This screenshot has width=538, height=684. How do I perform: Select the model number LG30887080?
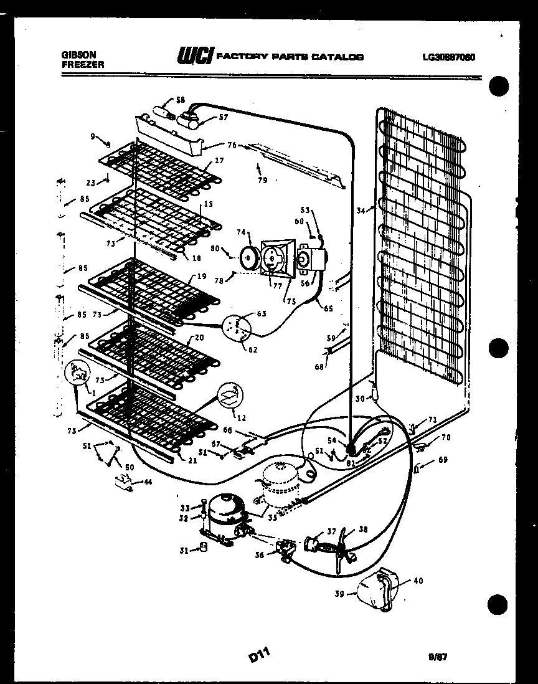448,57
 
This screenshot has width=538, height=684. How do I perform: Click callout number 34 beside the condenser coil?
360,211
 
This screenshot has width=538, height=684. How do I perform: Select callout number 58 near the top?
181,100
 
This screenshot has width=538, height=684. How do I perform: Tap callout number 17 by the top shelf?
219,160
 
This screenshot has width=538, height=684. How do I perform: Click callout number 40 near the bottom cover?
417,581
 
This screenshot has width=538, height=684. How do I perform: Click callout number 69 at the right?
443,460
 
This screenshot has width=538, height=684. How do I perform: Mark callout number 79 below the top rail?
263,181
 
